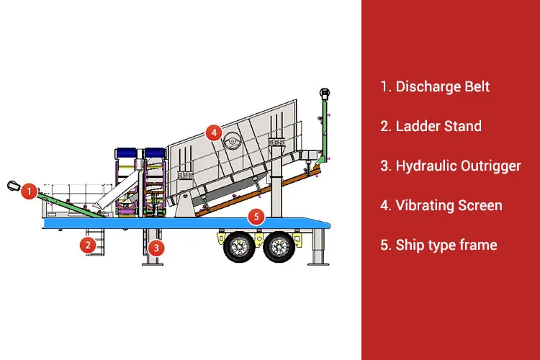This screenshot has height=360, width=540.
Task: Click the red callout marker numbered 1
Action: [29, 191]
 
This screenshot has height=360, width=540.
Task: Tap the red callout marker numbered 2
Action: [89, 245]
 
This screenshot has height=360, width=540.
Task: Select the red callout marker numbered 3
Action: [156, 248]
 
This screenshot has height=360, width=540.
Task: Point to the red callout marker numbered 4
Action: [212, 132]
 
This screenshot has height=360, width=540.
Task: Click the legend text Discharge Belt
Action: [435, 86]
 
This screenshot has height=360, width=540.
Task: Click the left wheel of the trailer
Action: [238, 248]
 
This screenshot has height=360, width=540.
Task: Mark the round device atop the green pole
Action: [325, 94]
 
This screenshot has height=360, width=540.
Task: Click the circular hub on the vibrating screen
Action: [232, 140]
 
